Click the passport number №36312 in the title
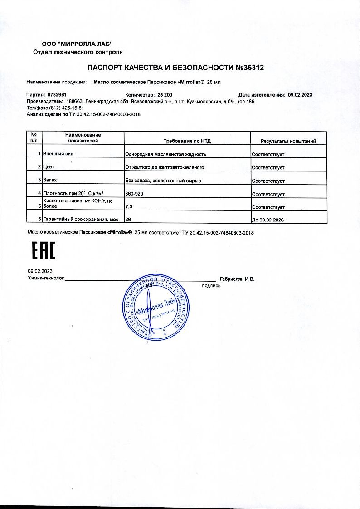click(x=249, y=68)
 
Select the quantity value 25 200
click(x=166, y=95)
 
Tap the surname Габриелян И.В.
click(x=237, y=279)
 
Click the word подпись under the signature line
click(x=211, y=286)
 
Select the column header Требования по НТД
click(x=187, y=141)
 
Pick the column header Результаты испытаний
click(x=288, y=141)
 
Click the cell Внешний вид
click(x=58, y=154)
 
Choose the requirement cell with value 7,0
click(x=129, y=207)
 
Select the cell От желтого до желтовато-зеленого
click(x=164, y=167)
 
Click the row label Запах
click(x=50, y=181)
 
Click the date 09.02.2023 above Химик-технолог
click(x=40, y=271)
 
